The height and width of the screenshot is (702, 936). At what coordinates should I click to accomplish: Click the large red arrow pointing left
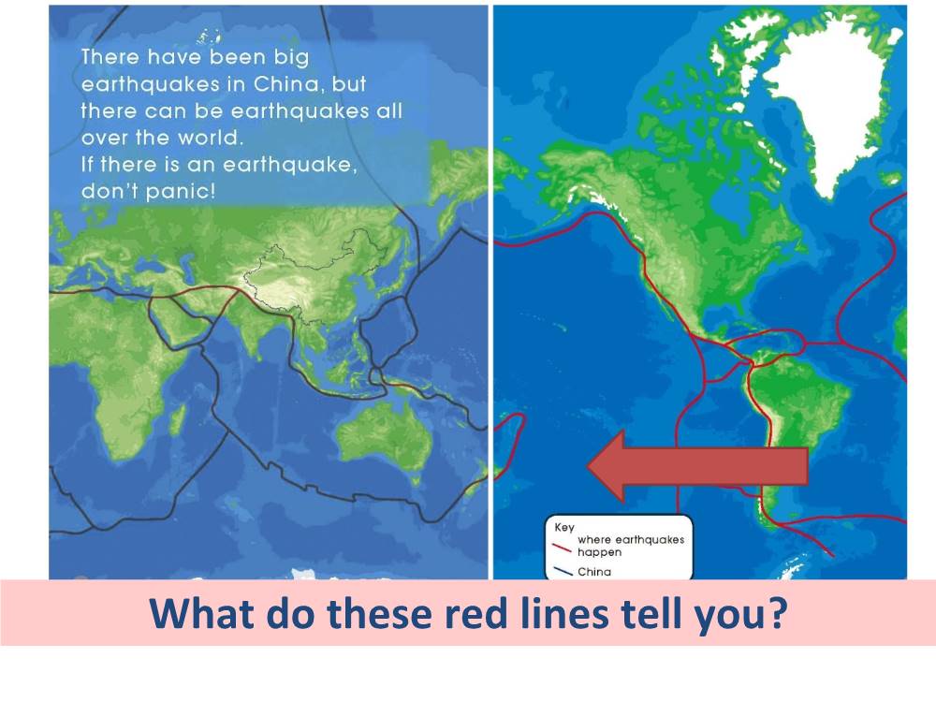[x=697, y=466]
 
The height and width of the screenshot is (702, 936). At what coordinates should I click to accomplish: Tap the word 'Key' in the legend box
[x=564, y=527]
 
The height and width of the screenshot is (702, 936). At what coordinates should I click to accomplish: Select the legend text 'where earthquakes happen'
[x=630, y=546]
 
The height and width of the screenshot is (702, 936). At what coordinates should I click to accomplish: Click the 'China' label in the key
[x=594, y=572]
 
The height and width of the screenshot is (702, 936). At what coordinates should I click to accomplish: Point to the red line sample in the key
[x=563, y=548]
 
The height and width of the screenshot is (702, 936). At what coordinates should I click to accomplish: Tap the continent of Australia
[x=385, y=439]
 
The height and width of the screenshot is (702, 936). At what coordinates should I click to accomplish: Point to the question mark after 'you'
[x=777, y=613]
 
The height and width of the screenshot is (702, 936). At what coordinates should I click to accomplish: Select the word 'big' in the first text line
[x=292, y=58]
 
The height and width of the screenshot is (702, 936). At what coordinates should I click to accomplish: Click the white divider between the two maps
[x=490, y=292]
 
